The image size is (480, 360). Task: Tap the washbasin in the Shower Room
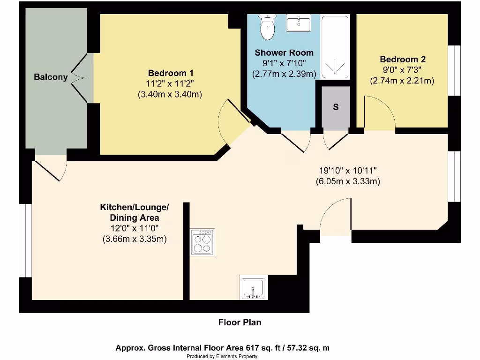pos(299,22)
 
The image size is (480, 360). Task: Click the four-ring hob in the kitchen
pos(202,242)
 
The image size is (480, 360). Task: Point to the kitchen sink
pos(253,287)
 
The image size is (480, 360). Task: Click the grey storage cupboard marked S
pos(336,107)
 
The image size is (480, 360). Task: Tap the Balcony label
pos(51,77)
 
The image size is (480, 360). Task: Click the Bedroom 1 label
pos(170,73)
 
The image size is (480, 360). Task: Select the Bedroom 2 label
pos(402,60)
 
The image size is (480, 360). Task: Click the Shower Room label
pos(284,52)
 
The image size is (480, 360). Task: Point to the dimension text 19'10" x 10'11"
pos(347,171)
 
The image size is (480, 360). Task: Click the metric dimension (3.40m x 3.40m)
pos(170,94)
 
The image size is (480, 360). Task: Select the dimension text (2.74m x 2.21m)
pos(402,81)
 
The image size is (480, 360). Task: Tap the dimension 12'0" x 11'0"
pos(135,228)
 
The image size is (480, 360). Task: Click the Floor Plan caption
pos(240,322)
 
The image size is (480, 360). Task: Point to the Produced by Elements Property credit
pos(222,357)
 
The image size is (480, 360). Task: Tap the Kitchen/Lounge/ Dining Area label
pos(135,212)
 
